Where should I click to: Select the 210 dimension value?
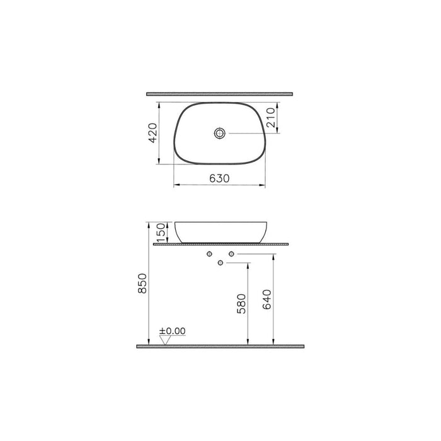coord(272,118)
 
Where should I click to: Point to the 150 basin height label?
coord(161,232)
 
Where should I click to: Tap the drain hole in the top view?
coord(219,133)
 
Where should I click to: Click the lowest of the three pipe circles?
coord(220,262)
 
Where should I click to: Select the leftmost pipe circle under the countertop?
coord(209,254)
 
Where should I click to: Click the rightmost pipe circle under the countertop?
coord(231,254)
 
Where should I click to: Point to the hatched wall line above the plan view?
coord(220,94)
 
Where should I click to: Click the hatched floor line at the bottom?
coord(220,346)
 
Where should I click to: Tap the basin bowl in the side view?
coord(219,232)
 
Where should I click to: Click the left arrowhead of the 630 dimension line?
coord(176,185)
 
